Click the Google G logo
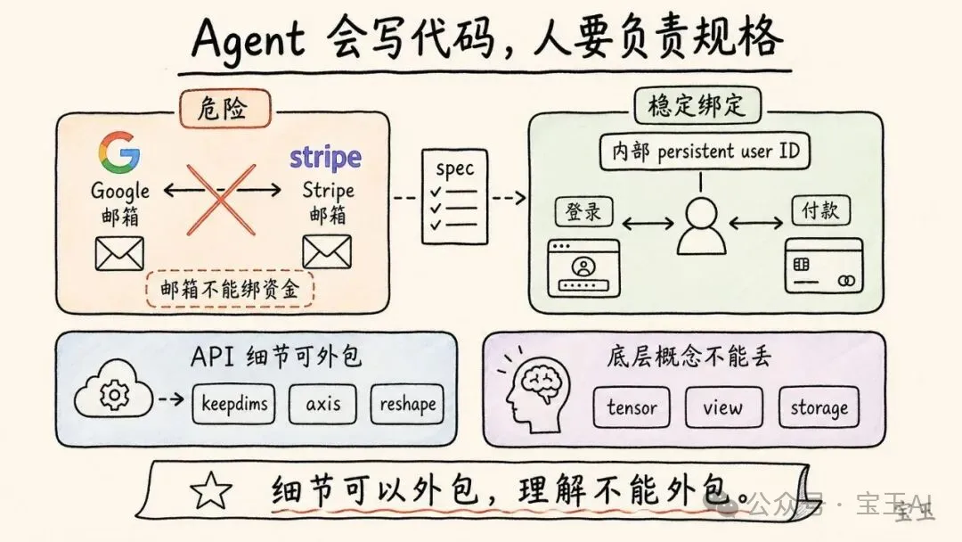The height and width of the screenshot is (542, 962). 118,152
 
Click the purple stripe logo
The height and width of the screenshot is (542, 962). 325,159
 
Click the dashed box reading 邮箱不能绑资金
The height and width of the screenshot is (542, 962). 230,289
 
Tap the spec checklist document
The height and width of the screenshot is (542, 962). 455,196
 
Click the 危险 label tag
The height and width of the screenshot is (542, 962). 224,110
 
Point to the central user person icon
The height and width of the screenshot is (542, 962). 699,226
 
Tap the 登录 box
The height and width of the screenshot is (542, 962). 584,212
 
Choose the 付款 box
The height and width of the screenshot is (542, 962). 819,212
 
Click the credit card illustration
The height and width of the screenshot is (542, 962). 823,266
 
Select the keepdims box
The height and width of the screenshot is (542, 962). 232,405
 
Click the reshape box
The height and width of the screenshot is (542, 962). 407,405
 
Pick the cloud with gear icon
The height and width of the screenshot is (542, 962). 114,392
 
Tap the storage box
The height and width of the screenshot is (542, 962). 819,408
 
